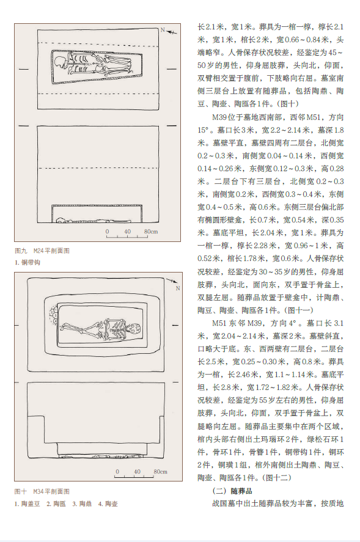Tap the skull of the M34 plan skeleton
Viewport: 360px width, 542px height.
134,328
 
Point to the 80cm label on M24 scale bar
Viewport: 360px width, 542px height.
151,232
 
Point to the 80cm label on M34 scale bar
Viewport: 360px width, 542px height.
161,472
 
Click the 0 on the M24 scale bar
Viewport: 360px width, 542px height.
107,232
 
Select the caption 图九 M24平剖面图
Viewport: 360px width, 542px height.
42,251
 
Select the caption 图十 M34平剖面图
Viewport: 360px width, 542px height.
42,491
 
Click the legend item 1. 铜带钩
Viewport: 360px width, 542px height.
28,262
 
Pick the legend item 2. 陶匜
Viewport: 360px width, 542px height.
56,504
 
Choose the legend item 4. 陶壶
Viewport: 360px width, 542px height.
108,504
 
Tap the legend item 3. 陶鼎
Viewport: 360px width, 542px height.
82,504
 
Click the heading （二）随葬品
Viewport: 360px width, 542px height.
232,491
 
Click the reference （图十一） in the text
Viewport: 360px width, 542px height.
299,310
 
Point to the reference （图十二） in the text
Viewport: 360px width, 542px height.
277,478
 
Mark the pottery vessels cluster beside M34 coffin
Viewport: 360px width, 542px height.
54,316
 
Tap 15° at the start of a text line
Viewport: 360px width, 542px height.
204,130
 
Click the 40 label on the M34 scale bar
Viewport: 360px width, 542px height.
138,472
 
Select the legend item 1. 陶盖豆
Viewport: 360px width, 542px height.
28,504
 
